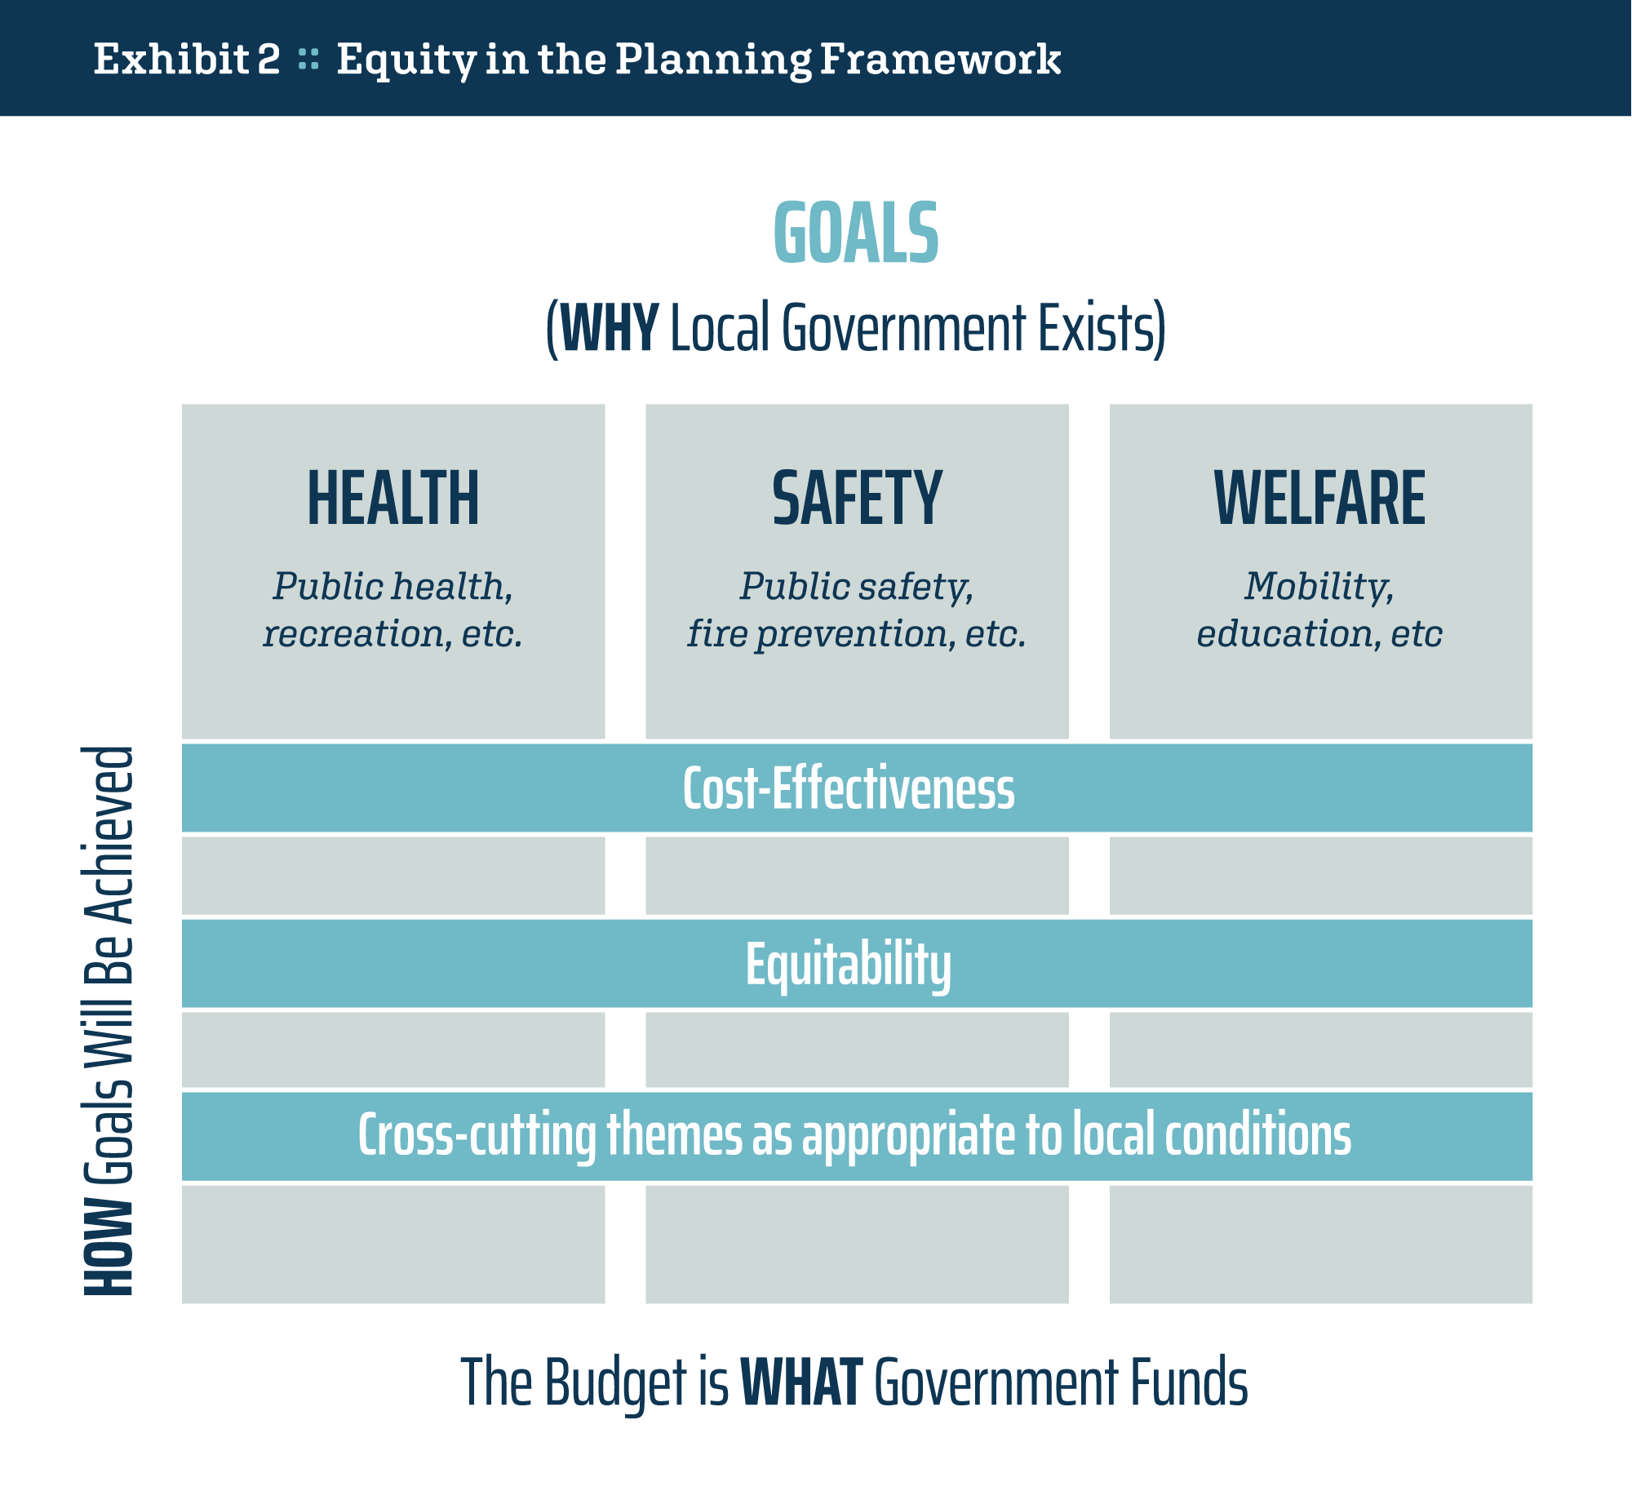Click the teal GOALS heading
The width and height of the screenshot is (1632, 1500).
tap(856, 233)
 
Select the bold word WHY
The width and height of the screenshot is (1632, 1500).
tap(610, 327)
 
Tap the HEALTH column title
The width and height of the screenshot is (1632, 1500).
tap(393, 498)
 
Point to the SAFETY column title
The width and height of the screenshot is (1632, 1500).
tap(857, 498)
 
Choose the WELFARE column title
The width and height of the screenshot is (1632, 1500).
tap(1320, 498)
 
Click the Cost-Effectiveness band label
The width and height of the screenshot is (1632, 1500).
tap(849, 788)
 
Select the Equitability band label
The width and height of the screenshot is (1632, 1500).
tap(849, 965)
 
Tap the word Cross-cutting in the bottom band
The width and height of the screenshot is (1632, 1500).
tap(477, 1135)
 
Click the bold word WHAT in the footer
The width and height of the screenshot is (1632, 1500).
tap(801, 1382)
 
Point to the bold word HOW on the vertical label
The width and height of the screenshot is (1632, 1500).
tap(109, 1246)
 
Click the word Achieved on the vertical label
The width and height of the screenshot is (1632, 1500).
tap(109, 835)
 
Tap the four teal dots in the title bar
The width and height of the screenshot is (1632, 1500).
tap(308, 59)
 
